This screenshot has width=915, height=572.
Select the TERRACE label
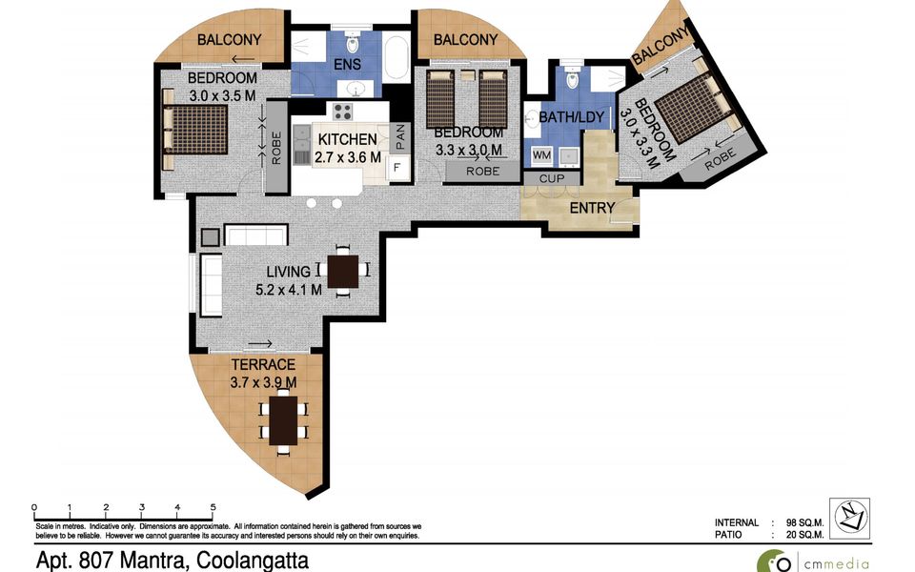[x=263, y=365]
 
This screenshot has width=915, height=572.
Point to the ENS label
[x=347, y=66]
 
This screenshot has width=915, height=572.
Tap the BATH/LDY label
[x=567, y=116]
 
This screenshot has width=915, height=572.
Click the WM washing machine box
[x=541, y=154]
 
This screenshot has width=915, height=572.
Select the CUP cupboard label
[x=552, y=178]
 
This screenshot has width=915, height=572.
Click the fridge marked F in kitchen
[x=396, y=169]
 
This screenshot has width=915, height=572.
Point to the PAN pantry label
[x=400, y=138]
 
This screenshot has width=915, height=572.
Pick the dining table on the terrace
[x=283, y=420]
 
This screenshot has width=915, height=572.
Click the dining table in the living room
[x=342, y=271]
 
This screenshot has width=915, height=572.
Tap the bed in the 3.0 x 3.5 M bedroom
[x=195, y=130]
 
